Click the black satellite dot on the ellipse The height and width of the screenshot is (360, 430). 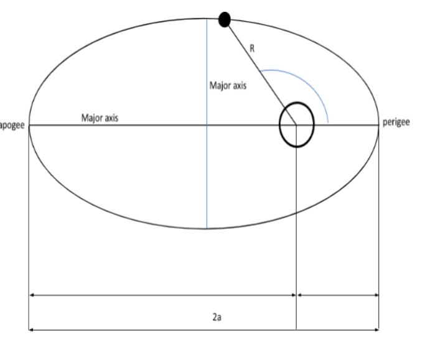tap(225, 21)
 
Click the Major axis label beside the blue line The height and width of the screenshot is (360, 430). tap(228, 86)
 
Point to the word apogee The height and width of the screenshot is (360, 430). tap(13, 125)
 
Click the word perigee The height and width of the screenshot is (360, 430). tap(396, 124)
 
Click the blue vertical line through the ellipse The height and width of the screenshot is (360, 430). tap(207, 174)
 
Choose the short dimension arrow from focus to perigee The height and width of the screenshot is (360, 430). tap(338, 295)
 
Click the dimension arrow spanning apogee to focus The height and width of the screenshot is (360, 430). tap(162, 295)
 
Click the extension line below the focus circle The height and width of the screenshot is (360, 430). tap(296, 236)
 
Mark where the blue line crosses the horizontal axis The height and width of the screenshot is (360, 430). tap(207, 125)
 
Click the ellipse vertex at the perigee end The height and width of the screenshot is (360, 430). tap(378, 125)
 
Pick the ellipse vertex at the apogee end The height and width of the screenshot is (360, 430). tap(29, 125)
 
